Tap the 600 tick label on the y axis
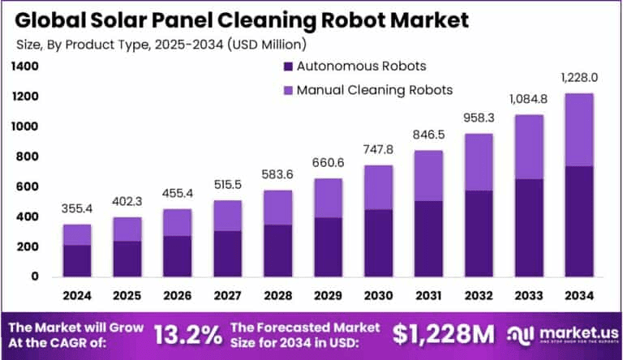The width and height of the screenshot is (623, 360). point(28,186)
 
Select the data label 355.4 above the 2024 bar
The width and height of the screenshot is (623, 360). point(77,210)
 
